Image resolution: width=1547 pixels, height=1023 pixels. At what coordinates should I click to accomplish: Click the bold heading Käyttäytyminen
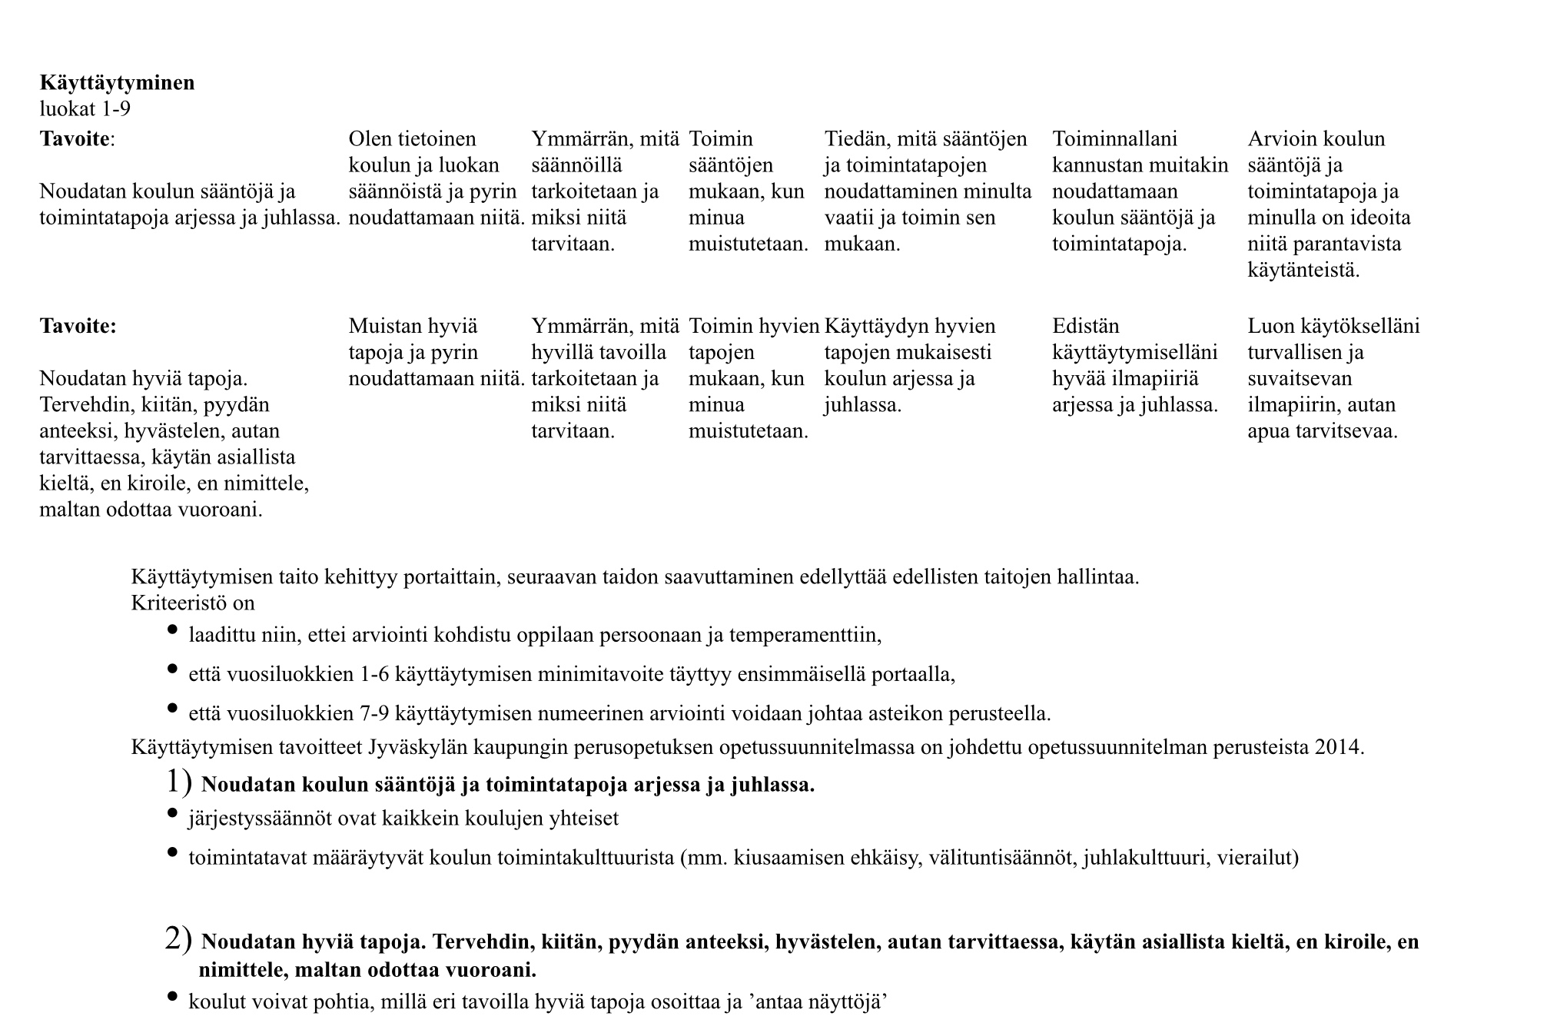coord(117,83)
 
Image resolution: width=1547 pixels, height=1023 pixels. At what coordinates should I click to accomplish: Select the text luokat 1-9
coord(85,109)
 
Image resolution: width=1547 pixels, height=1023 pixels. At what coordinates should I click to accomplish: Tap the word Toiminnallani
coord(1114,139)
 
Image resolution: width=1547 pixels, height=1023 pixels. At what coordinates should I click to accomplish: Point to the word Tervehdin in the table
coord(81,405)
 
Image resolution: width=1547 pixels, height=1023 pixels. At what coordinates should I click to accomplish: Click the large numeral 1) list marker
coord(178,782)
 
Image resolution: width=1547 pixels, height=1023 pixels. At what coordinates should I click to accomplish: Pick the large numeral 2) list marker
coord(178,938)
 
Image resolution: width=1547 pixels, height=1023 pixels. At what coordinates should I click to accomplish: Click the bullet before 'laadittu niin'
coord(172,630)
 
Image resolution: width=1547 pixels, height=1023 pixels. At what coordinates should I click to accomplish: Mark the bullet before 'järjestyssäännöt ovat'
coord(172,813)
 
